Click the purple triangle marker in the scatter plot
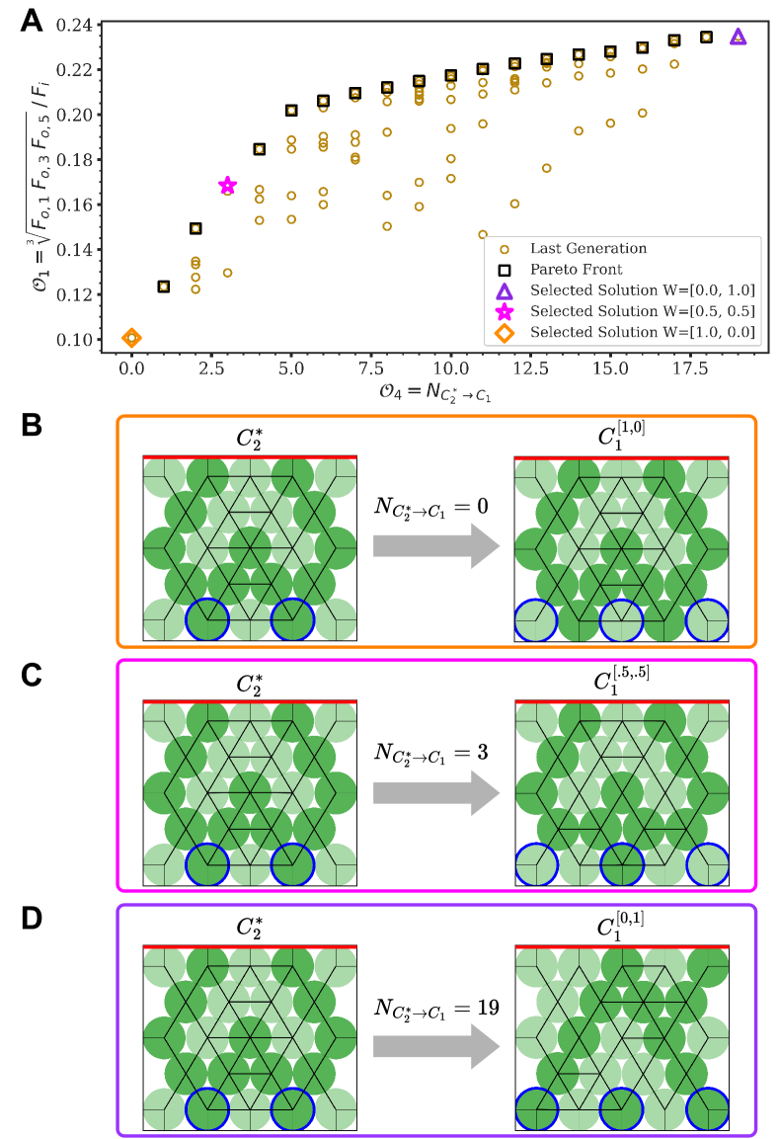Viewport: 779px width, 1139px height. tap(738, 37)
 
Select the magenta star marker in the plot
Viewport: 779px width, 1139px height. tap(227, 186)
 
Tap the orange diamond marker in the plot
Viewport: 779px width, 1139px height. tap(131, 339)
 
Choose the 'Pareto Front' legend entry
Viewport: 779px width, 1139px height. tap(576, 269)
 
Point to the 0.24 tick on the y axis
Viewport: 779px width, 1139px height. tap(79, 25)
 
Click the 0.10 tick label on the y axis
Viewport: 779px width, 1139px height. tap(79, 340)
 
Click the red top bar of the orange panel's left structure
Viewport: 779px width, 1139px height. tap(250, 457)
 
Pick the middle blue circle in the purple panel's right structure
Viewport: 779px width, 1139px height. tap(621, 1108)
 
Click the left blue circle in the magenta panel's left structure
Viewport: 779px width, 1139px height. tap(207, 864)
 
